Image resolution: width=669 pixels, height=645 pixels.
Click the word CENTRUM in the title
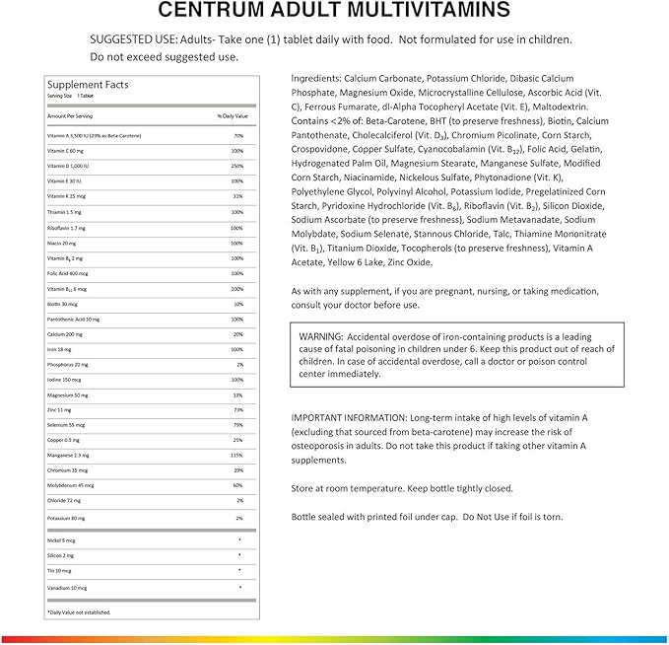click(224, 12)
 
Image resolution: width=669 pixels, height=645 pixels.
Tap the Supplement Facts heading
click(77, 85)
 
